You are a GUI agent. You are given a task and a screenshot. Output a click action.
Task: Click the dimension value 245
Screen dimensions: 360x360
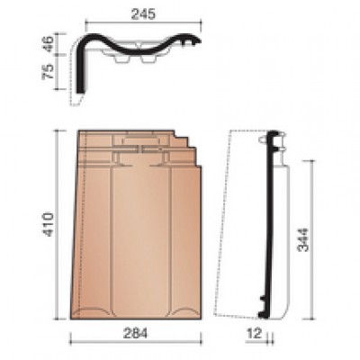(143, 14)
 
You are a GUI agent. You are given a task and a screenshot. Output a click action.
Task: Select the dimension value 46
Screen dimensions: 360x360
(48, 44)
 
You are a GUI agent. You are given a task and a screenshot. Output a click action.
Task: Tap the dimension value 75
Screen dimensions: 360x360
(48, 71)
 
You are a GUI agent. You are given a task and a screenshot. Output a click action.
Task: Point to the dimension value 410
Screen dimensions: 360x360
(48, 224)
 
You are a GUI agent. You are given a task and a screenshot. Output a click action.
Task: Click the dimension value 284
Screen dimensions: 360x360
(136, 333)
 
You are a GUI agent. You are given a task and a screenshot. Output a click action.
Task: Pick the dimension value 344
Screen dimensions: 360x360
(303, 240)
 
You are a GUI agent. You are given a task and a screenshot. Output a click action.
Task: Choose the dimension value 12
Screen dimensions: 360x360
(255, 333)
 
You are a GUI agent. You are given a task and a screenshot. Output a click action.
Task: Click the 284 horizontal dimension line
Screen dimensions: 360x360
(136, 341)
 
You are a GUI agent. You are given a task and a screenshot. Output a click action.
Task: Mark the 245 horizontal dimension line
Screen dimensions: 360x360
(143, 22)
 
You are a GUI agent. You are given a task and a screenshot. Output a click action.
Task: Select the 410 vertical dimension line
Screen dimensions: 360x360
(57, 224)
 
